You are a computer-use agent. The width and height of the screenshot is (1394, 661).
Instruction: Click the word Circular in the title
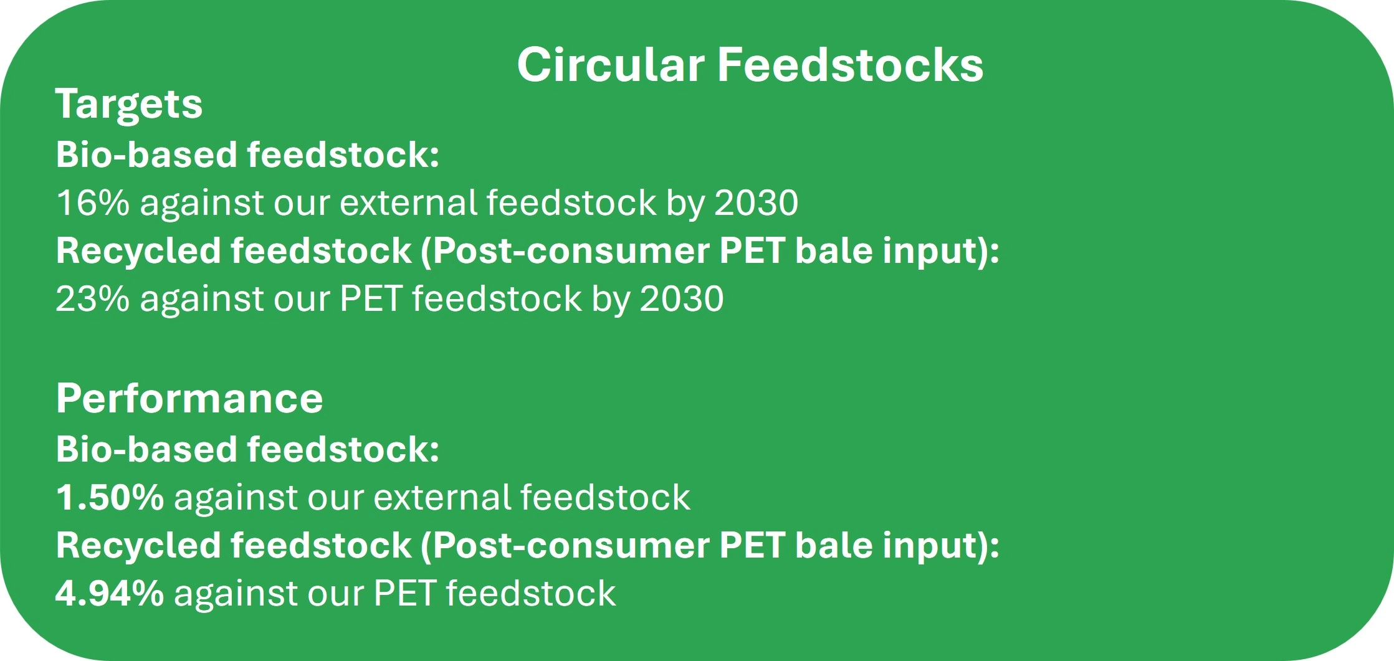(611, 64)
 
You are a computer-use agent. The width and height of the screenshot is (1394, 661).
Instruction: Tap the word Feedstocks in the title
(851, 64)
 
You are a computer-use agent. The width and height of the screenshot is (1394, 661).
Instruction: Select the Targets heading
(129, 104)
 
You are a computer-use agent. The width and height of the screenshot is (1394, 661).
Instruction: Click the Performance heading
(189, 399)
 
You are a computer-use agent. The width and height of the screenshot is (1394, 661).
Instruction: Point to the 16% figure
(93, 202)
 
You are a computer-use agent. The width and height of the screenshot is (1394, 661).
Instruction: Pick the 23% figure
(93, 298)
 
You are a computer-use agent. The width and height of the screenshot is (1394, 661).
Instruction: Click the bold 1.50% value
(110, 497)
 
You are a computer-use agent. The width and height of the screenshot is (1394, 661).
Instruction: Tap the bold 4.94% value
(110, 592)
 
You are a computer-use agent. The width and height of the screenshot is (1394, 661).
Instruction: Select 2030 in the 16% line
(757, 202)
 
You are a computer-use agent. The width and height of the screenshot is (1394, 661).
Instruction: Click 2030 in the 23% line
(682, 298)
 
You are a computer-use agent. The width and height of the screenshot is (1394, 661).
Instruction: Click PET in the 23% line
(371, 298)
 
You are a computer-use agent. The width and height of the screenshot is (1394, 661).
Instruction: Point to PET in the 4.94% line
(404, 592)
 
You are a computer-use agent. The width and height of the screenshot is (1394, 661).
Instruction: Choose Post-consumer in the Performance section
(571, 546)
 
